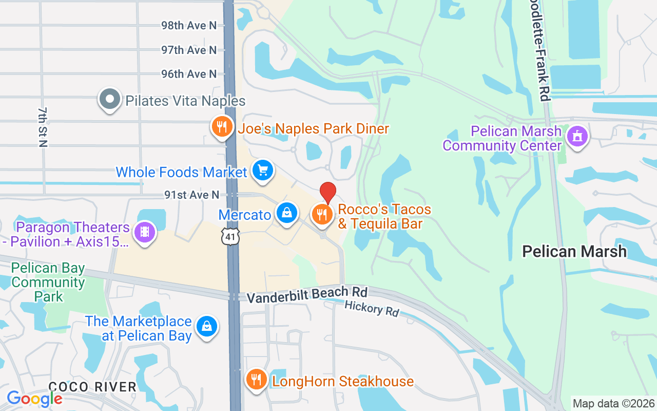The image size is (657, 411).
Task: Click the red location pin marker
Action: pyautogui.click(x=328, y=193)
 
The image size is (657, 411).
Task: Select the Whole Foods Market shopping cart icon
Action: pyautogui.click(x=263, y=170)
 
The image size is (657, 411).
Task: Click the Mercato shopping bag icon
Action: pyautogui.click(x=286, y=212)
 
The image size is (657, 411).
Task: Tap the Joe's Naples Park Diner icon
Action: pyautogui.click(x=222, y=126)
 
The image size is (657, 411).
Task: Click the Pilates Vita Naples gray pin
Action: pyautogui.click(x=109, y=99)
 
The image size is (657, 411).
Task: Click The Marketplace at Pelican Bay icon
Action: pyautogui.click(x=206, y=326)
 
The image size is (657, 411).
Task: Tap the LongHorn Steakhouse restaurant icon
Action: pyautogui.click(x=255, y=380)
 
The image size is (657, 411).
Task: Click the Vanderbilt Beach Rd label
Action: pyautogui.click(x=307, y=295)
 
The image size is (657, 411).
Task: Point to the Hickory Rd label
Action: pyautogui.click(x=372, y=308)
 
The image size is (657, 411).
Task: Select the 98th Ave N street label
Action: pyautogui.click(x=189, y=25)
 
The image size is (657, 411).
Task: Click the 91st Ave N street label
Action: pyautogui.click(x=191, y=195)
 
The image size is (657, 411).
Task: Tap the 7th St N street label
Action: pyautogui.click(x=43, y=127)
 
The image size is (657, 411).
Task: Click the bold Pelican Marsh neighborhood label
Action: pyautogui.click(x=574, y=251)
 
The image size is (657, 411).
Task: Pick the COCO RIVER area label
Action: pyautogui.click(x=92, y=386)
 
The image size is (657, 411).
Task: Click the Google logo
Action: pyautogui.click(x=34, y=399)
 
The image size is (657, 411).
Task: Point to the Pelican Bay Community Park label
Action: pyautogui.click(x=48, y=282)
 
